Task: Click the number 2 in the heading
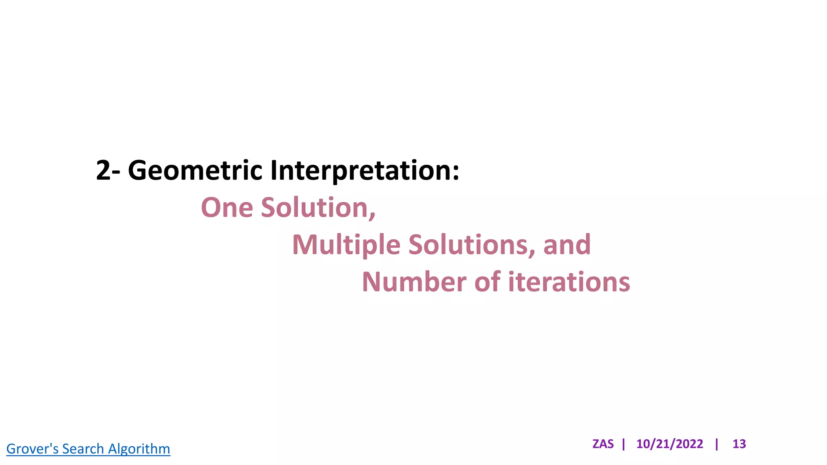click(103, 170)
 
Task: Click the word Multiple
click(346, 245)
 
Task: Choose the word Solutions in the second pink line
click(468, 245)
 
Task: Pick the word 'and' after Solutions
click(567, 245)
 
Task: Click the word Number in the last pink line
click(414, 282)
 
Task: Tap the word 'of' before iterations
click(487, 282)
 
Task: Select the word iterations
click(569, 282)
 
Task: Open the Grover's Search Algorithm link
click(88, 449)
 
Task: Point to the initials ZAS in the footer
click(603, 444)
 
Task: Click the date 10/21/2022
click(670, 444)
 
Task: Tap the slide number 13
click(739, 444)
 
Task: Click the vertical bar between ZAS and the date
click(624, 444)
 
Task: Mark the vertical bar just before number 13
click(717, 444)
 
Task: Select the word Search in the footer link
click(83, 449)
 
